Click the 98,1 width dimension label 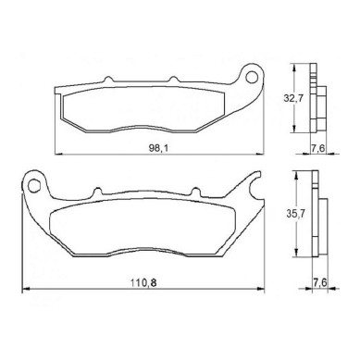pos(158,148)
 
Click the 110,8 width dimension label pos(143,282)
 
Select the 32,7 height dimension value pos(293,98)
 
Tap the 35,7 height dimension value pos(295,214)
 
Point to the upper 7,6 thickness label pos(317,148)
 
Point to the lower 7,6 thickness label pos(320,282)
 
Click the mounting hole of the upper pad pos(252,77)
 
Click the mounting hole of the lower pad pos(34,186)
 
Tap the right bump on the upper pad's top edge pos(173,79)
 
